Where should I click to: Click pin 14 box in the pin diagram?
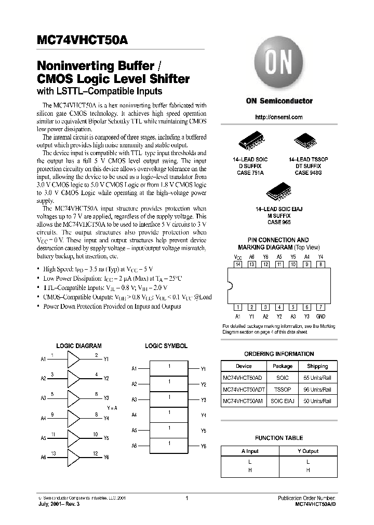[x=238, y=264]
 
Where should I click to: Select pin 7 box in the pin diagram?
[x=321, y=307]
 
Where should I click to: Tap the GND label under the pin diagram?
[x=321, y=316]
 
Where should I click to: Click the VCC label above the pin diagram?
[x=238, y=257]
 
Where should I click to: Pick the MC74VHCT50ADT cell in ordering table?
[x=243, y=389]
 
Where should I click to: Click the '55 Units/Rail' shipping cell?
[x=317, y=378]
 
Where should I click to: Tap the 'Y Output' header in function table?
[x=308, y=451]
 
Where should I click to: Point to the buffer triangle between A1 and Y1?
[x=74, y=359]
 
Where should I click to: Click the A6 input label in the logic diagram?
[x=44, y=458]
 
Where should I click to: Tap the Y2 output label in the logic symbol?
[x=203, y=384]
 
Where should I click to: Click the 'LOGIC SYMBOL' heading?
[x=166, y=346]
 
